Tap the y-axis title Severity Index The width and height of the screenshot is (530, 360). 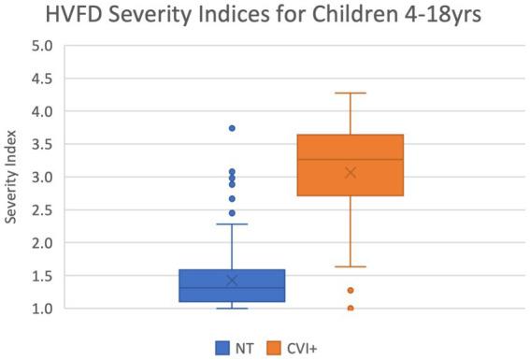tap(12, 179)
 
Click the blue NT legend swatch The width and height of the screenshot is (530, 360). tap(223, 348)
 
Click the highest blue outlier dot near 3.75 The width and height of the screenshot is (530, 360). tap(232, 128)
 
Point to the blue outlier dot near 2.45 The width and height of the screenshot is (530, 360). tap(232, 213)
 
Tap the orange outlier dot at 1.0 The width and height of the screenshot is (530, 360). tap(351, 308)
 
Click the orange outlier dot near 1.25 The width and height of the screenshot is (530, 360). tap(351, 291)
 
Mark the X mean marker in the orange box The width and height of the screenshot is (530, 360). tap(351, 172)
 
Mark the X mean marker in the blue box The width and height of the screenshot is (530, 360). tap(232, 281)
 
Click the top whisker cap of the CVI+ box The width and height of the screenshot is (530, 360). tap(351, 94)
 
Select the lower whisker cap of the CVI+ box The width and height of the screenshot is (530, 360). tap(351, 266)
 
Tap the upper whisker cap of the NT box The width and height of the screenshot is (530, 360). tap(232, 224)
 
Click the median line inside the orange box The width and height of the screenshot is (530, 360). tap(351, 160)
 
